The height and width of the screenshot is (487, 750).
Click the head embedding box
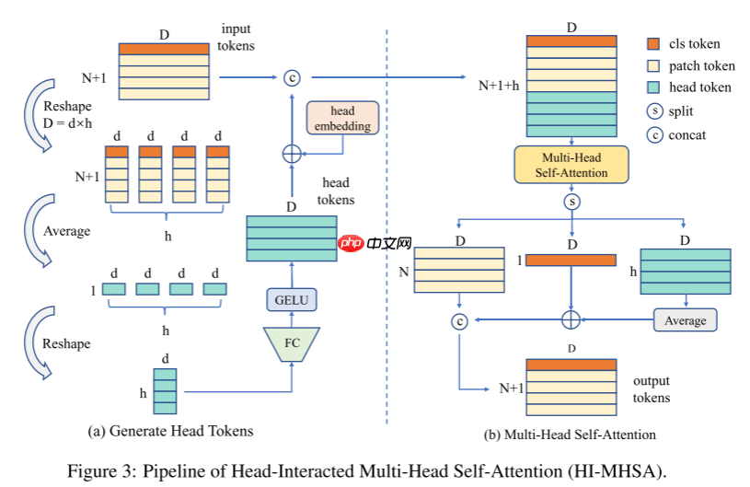click(342, 118)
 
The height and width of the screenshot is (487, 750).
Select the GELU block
click(291, 298)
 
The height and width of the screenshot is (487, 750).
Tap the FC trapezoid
click(291, 342)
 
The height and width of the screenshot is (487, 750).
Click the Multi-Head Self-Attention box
click(571, 165)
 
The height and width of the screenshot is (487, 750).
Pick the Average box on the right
click(685, 319)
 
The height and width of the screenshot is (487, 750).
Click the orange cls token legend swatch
click(653, 43)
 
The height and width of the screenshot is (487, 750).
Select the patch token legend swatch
click(653, 65)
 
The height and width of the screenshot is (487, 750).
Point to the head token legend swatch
click(653, 87)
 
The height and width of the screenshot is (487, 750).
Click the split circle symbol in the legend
click(653, 111)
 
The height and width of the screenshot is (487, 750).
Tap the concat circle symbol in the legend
click(653, 134)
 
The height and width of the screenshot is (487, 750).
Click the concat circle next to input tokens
click(291, 76)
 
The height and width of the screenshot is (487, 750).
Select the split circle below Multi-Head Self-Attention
click(571, 202)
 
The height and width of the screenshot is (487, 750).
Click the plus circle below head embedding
click(291, 153)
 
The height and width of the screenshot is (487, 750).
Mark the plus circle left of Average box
click(571, 319)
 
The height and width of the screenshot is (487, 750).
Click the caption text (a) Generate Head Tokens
click(170, 430)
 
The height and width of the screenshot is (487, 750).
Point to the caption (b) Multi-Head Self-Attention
click(570, 434)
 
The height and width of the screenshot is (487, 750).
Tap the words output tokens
click(652, 389)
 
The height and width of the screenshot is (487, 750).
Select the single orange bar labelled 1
click(571, 261)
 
